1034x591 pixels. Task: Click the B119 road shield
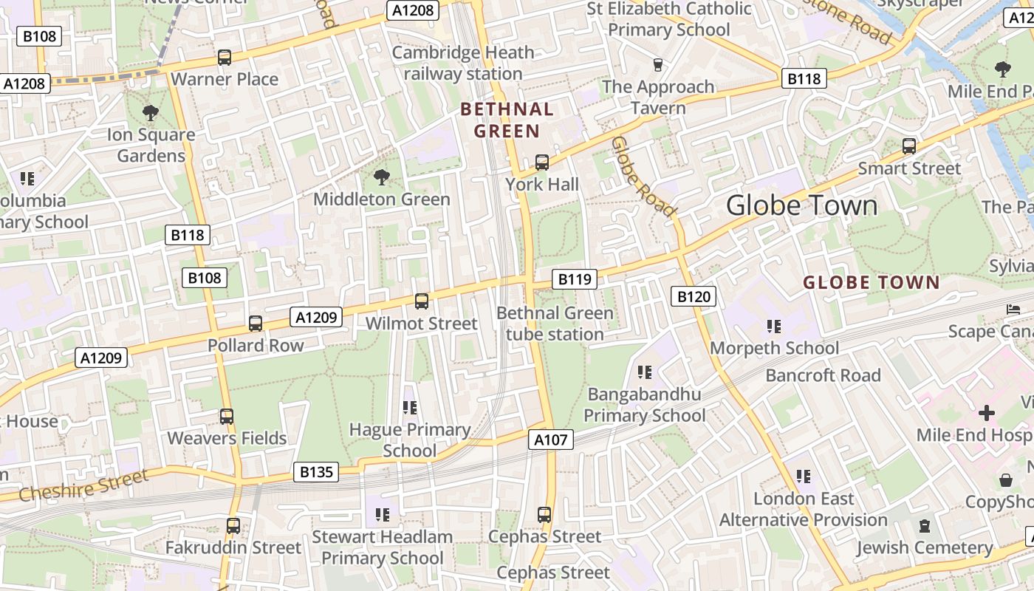[575, 279]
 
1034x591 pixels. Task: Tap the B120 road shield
[694, 297]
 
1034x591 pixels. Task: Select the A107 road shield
[551, 440]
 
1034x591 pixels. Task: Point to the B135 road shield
[316, 472]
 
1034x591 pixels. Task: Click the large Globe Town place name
[802, 205]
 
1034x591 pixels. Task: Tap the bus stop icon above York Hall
[542, 163]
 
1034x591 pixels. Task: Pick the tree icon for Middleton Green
[382, 177]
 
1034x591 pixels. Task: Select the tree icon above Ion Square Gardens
[151, 113]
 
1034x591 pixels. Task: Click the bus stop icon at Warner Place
[225, 58]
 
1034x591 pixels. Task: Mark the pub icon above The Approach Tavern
[658, 65]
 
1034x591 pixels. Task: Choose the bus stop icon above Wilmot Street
[422, 301]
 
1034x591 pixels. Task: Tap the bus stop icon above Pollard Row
[256, 324]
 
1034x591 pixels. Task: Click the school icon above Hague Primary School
[410, 408]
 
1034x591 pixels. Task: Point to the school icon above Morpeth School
[774, 326]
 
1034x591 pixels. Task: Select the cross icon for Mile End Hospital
[986, 413]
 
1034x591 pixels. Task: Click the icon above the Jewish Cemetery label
[924, 526]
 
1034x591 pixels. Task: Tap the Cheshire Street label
[83, 486]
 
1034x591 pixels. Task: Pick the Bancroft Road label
[823, 375]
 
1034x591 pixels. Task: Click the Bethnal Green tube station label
[555, 324]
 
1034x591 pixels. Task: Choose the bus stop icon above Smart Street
[909, 146]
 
